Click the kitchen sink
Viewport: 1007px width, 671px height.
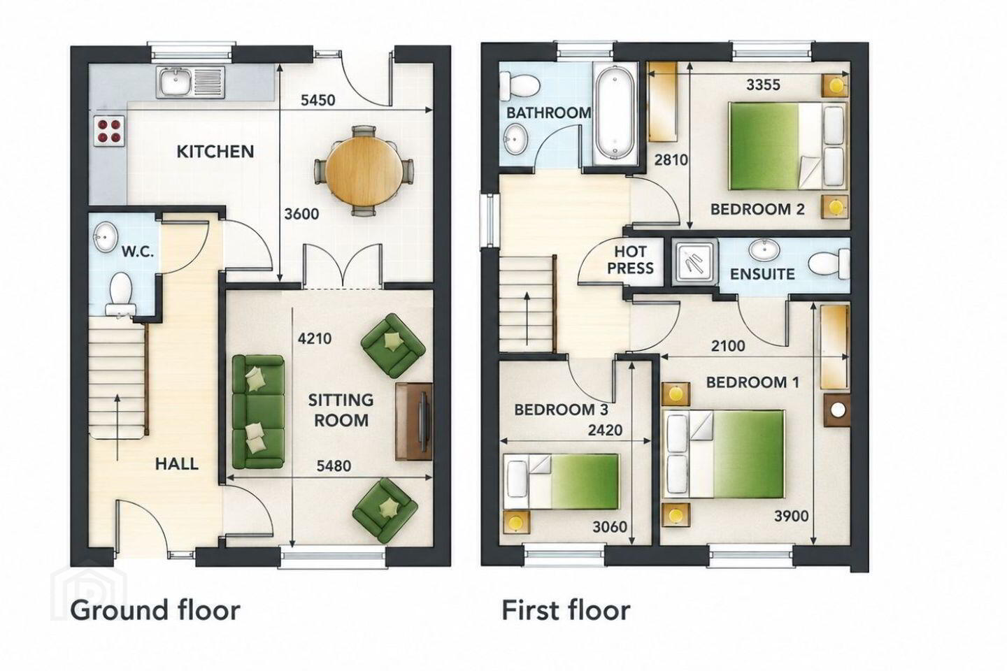pyautogui.click(x=191, y=82)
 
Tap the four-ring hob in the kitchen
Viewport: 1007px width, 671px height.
pyautogui.click(x=108, y=131)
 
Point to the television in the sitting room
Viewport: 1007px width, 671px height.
pyautogui.click(x=423, y=421)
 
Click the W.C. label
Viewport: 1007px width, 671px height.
pyautogui.click(x=138, y=252)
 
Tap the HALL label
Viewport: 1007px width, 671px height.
pyautogui.click(x=177, y=464)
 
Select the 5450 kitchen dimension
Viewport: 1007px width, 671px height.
pyautogui.click(x=317, y=100)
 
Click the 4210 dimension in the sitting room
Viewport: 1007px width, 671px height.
pyautogui.click(x=315, y=338)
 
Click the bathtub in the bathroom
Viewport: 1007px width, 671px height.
pyautogui.click(x=615, y=115)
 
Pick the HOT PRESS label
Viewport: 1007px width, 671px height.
pyautogui.click(x=630, y=260)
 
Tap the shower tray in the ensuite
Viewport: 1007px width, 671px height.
pyautogui.click(x=694, y=264)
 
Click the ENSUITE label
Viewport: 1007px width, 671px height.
pyautogui.click(x=762, y=274)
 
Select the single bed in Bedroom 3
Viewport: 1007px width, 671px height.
pyautogui.click(x=562, y=482)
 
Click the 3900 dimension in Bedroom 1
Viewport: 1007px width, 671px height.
pyautogui.click(x=791, y=516)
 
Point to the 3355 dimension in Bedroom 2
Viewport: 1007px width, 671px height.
pyautogui.click(x=764, y=85)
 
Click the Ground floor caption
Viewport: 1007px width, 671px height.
pyautogui.click(x=155, y=611)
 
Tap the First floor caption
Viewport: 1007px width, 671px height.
pyautogui.click(x=566, y=610)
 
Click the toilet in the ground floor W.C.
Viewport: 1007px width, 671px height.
pyautogui.click(x=120, y=294)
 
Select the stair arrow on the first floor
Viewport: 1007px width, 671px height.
pyautogui.click(x=527, y=314)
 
